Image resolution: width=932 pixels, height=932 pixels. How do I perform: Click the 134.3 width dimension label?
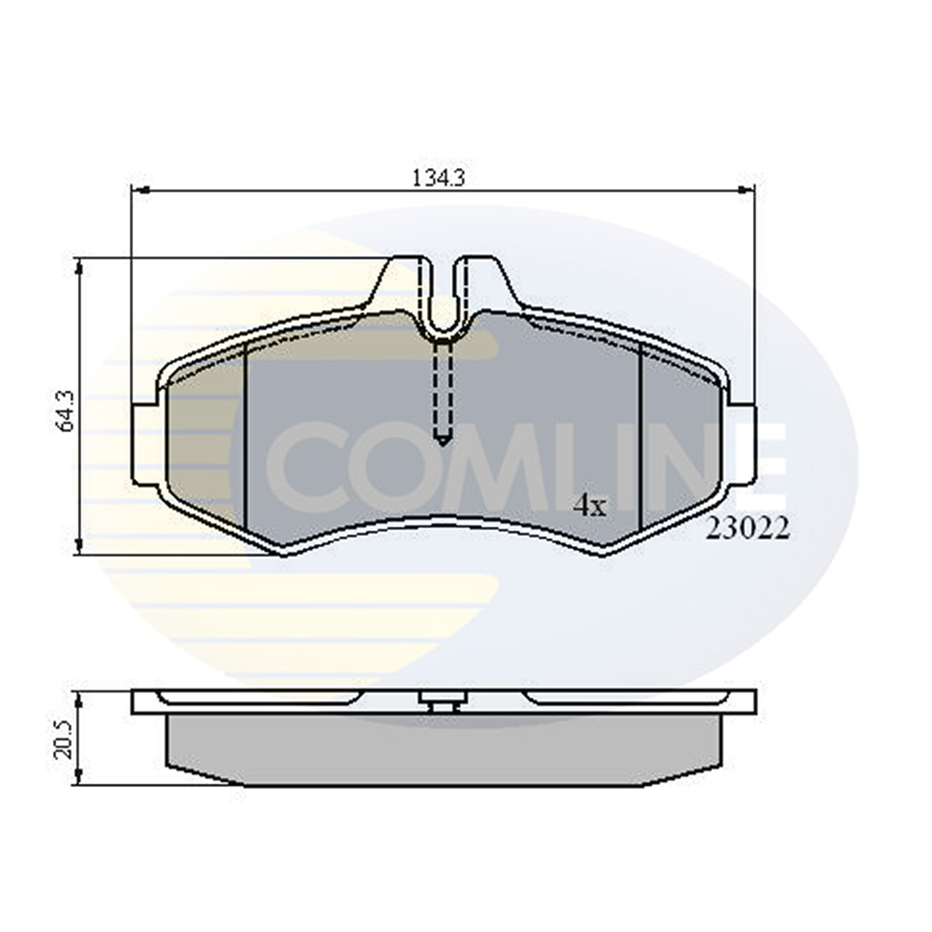pos(438,178)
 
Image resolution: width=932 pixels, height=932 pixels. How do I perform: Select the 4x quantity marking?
pos(590,507)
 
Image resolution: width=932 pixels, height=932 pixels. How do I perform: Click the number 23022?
pos(748,529)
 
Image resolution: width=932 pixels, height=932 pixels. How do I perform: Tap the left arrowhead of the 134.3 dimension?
pos(140,191)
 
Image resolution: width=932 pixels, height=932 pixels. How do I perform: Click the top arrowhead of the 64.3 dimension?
pos(79,267)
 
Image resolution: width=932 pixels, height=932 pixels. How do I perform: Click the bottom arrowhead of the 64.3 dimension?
pos(79,546)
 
